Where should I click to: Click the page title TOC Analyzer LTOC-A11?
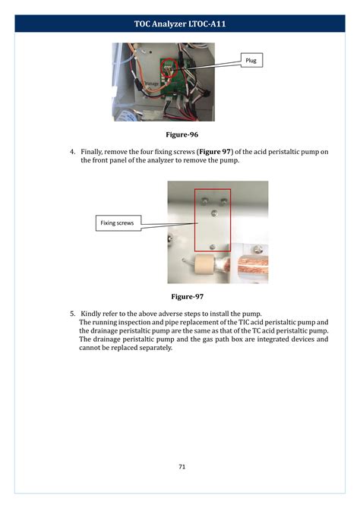click(x=180, y=24)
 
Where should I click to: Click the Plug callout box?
click(x=251, y=60)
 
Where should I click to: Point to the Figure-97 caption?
click(x=187, y=296)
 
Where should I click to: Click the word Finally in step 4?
click(x=94, y=152)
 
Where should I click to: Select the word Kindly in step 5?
click(x=93, y=313)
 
